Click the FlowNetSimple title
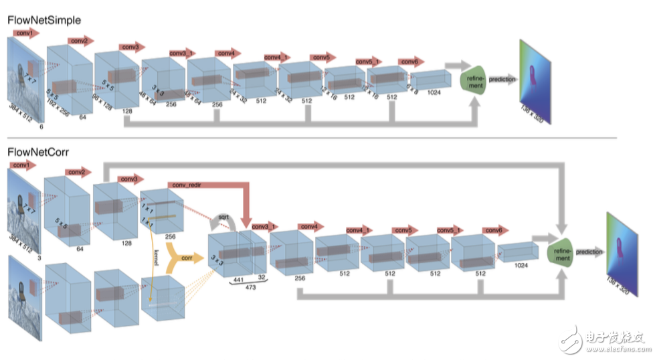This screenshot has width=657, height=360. point(44,20)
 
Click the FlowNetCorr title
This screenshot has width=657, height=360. point(38,152)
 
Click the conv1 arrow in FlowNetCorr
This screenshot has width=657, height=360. point(23,165)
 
